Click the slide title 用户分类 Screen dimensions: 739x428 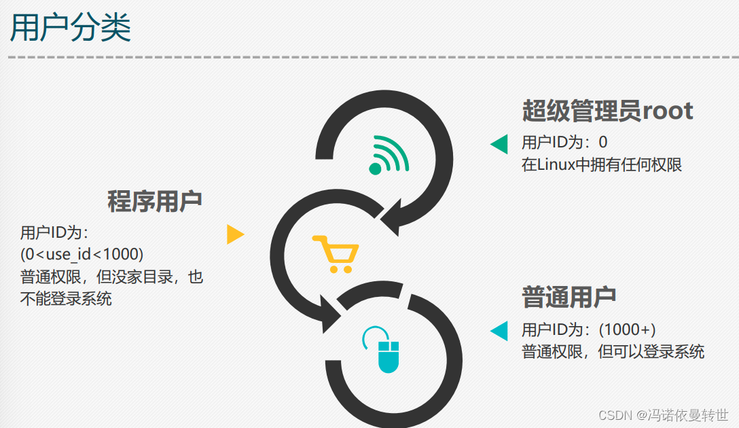pos(71,29)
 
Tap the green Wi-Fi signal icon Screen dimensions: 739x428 pos(389,155)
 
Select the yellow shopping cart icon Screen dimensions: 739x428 pos(335,253)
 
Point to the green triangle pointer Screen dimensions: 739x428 pos(499,143)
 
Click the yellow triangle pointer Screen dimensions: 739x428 pos(234,234)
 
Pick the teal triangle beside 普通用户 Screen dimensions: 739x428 pos(499,331)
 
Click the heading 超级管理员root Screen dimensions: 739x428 pos(607,110)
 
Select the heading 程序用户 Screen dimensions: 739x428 pos(155,201)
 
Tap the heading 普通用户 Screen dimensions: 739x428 pos(569,297)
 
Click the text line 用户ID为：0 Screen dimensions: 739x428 pos(564,142)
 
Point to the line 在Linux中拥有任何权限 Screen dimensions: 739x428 pos(601,164)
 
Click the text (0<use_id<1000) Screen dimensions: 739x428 pos(82,254)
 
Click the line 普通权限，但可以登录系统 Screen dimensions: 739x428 pos(613,352)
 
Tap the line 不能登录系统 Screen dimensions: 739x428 pos(66,298)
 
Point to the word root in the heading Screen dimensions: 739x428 pos(668,110)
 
